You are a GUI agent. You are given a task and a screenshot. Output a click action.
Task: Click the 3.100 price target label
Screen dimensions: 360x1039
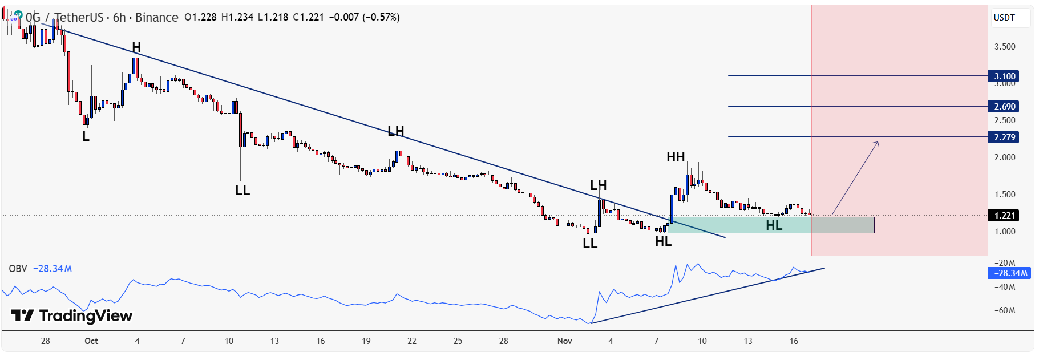coord(1004,76)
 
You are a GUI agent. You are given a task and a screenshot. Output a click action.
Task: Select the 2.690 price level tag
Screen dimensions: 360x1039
coord(1004,107)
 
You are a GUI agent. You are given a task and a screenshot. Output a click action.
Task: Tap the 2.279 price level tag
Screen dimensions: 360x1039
coord(1004,137)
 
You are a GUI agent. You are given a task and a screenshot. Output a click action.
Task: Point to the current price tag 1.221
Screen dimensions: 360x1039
coord(1004,216)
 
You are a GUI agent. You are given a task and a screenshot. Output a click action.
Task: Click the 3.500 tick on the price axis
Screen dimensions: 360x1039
coord(1004,47)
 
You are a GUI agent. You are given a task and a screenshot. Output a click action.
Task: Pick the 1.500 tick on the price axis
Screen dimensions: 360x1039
coord(1004,195)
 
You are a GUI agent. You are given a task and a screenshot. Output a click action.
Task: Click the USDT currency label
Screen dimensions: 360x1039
coord(1004,18)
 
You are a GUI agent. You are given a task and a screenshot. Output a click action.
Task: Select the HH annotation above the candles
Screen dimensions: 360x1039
coord(676,157)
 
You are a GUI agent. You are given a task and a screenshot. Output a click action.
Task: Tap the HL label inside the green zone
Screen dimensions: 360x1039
coord(774,225)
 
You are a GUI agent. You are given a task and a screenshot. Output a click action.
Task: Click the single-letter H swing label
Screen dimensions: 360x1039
coord(136,47)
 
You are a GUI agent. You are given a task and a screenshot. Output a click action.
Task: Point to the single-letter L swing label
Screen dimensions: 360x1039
coord(86,137)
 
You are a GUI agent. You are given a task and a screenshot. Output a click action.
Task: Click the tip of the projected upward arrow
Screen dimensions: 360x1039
coord(879,141)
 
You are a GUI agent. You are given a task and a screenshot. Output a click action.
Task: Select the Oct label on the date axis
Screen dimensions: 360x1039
coord(91,341)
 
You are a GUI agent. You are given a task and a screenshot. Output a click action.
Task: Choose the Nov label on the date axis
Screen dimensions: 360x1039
coord(564,341)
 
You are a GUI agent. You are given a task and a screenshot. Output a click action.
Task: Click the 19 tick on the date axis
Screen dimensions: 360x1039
coord(366,341)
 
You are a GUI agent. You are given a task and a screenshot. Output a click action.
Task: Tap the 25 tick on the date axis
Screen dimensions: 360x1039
coord(458,341)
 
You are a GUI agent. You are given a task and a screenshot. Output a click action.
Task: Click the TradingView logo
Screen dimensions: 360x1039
coord(72,315)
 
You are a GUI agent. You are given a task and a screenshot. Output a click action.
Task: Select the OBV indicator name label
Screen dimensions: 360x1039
coord(18,269)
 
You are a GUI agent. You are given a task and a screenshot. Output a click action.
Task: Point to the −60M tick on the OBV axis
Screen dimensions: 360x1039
coord(1004,311)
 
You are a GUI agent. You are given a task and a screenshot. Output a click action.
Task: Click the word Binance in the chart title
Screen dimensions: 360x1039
coord(156,18)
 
